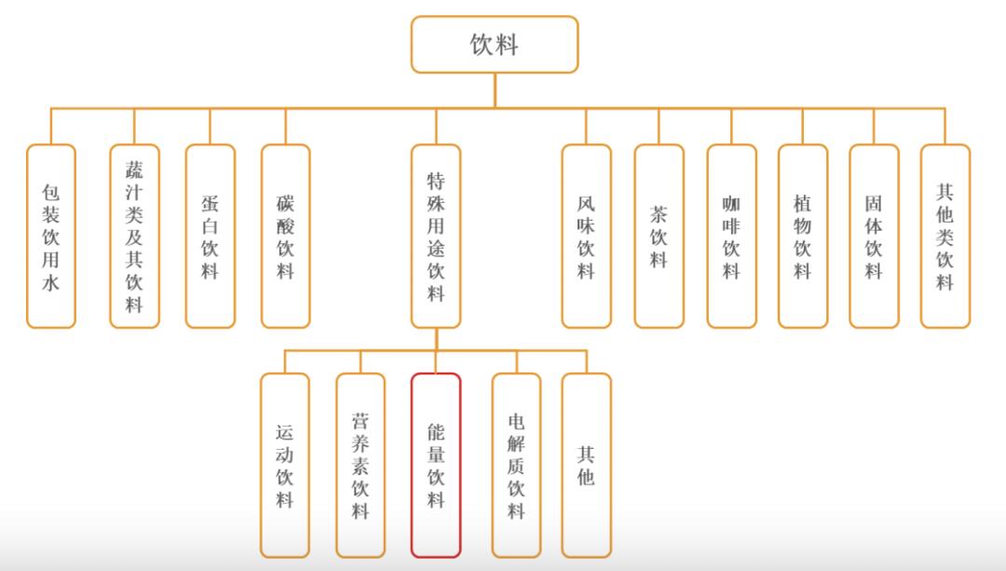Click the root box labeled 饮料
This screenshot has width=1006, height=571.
click(x=495, y=45)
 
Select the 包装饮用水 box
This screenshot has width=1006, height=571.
click(x=51, y=236)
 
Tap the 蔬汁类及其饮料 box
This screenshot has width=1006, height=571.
click(x=134, y=236)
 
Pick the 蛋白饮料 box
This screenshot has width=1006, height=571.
click(x=210, y=236)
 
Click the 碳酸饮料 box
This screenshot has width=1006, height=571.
click(x=286, y=236)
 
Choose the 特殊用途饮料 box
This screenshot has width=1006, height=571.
click(x=436, y=236)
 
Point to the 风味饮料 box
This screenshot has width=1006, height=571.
click(x=586, y=236)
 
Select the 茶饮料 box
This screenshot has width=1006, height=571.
click(x=659, y=236)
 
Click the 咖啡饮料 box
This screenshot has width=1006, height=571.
click(x=731, y=236)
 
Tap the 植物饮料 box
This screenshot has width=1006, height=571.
click(x=803, y=236)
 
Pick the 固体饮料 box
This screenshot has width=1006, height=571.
click(x=874, y=236)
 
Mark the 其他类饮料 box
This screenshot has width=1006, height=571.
click(x=945, y=236)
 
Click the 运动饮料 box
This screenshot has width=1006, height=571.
click(x=285, y=465)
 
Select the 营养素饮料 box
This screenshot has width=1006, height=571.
click(x=360, y=465)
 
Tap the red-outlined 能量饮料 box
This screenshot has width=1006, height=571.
click(x=436, y=465)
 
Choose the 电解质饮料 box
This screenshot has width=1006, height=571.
click(x=516, y=465)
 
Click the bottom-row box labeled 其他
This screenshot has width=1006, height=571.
click(x=586, y=465)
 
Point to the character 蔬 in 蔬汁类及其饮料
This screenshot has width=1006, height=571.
click(x=134, y=170)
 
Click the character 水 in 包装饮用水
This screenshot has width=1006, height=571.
click(x=51, y=282)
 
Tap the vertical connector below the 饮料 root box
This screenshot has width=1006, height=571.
click(x=495, y=90)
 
